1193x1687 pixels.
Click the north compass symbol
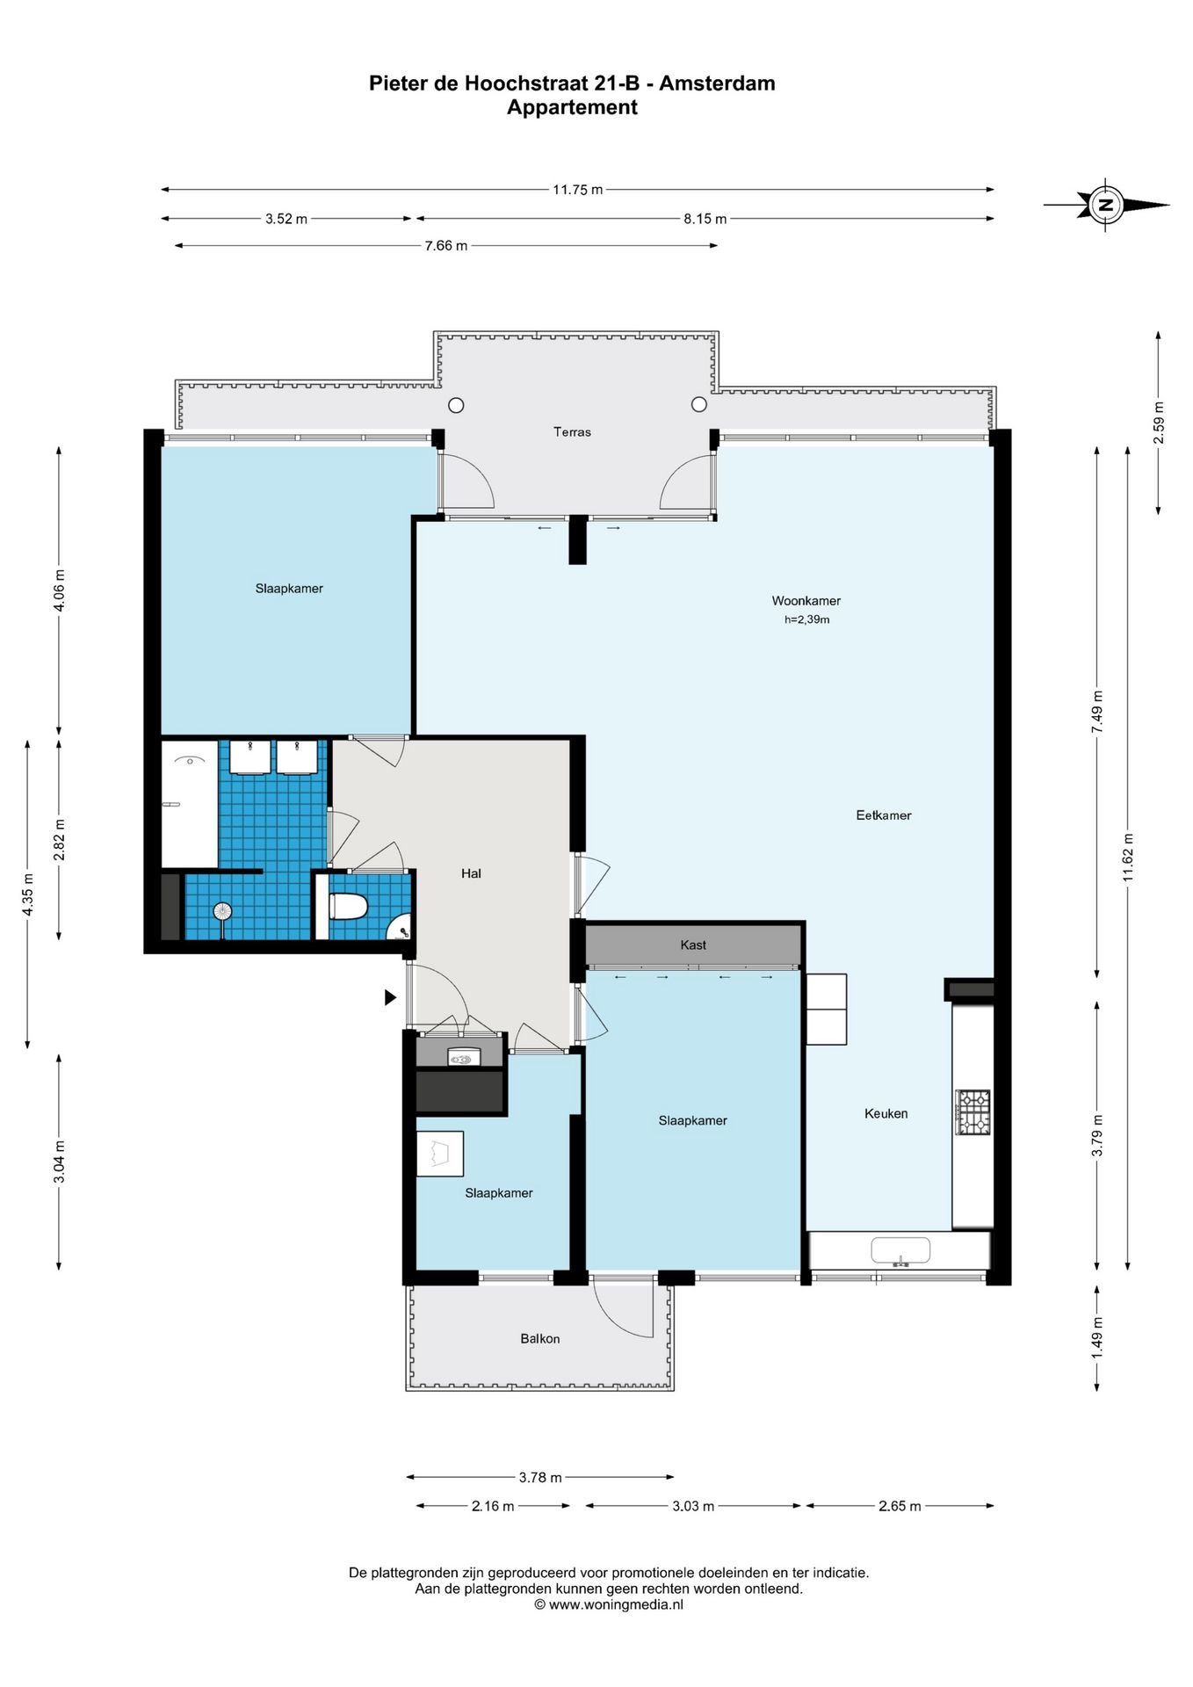[1106, 206]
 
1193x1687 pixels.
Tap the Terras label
[572, 432]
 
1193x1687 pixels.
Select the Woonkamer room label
[806, 601]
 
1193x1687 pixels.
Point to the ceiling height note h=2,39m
[807, 619]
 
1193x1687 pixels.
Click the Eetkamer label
[884, 815]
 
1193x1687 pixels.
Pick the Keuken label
[886, 1113]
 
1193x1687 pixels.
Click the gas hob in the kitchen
[972, 1112]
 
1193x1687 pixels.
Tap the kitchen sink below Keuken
[900, 1250]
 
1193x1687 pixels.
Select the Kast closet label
[693, 945]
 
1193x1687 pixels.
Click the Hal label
[471, 873]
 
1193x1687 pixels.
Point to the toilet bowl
[348, 907]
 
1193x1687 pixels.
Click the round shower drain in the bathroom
[223, 911]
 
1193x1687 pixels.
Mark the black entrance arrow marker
[391, 997]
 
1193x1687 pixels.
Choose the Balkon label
[540, 1339]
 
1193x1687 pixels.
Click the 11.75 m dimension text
[577, 190]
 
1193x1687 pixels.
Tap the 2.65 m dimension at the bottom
[900, 1506]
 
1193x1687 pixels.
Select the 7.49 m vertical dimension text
[1097, 713]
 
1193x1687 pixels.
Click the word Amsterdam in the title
[717, 83]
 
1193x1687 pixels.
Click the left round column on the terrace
[456, 405]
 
